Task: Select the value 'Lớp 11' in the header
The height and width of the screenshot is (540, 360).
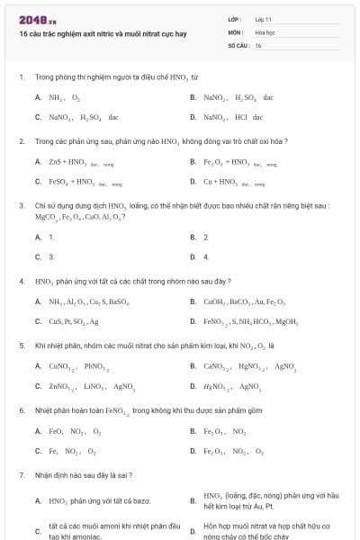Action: click(x=263, y=19)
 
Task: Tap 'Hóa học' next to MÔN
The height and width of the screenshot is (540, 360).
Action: click(x=265, y=31)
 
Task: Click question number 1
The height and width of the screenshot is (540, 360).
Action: click(x=21, y=77)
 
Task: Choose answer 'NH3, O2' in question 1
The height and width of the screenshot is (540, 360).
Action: click(x=64, y=96)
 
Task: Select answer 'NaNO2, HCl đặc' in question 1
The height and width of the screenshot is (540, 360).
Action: click(x=233, y=117)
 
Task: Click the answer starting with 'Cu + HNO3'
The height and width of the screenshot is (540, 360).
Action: click(x=234, y=182)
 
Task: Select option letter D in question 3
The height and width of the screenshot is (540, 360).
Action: click(x=193, y=257)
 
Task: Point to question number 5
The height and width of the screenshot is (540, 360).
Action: click(x=21, y=345)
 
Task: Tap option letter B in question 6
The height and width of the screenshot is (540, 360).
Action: click(x=193, y=431)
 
